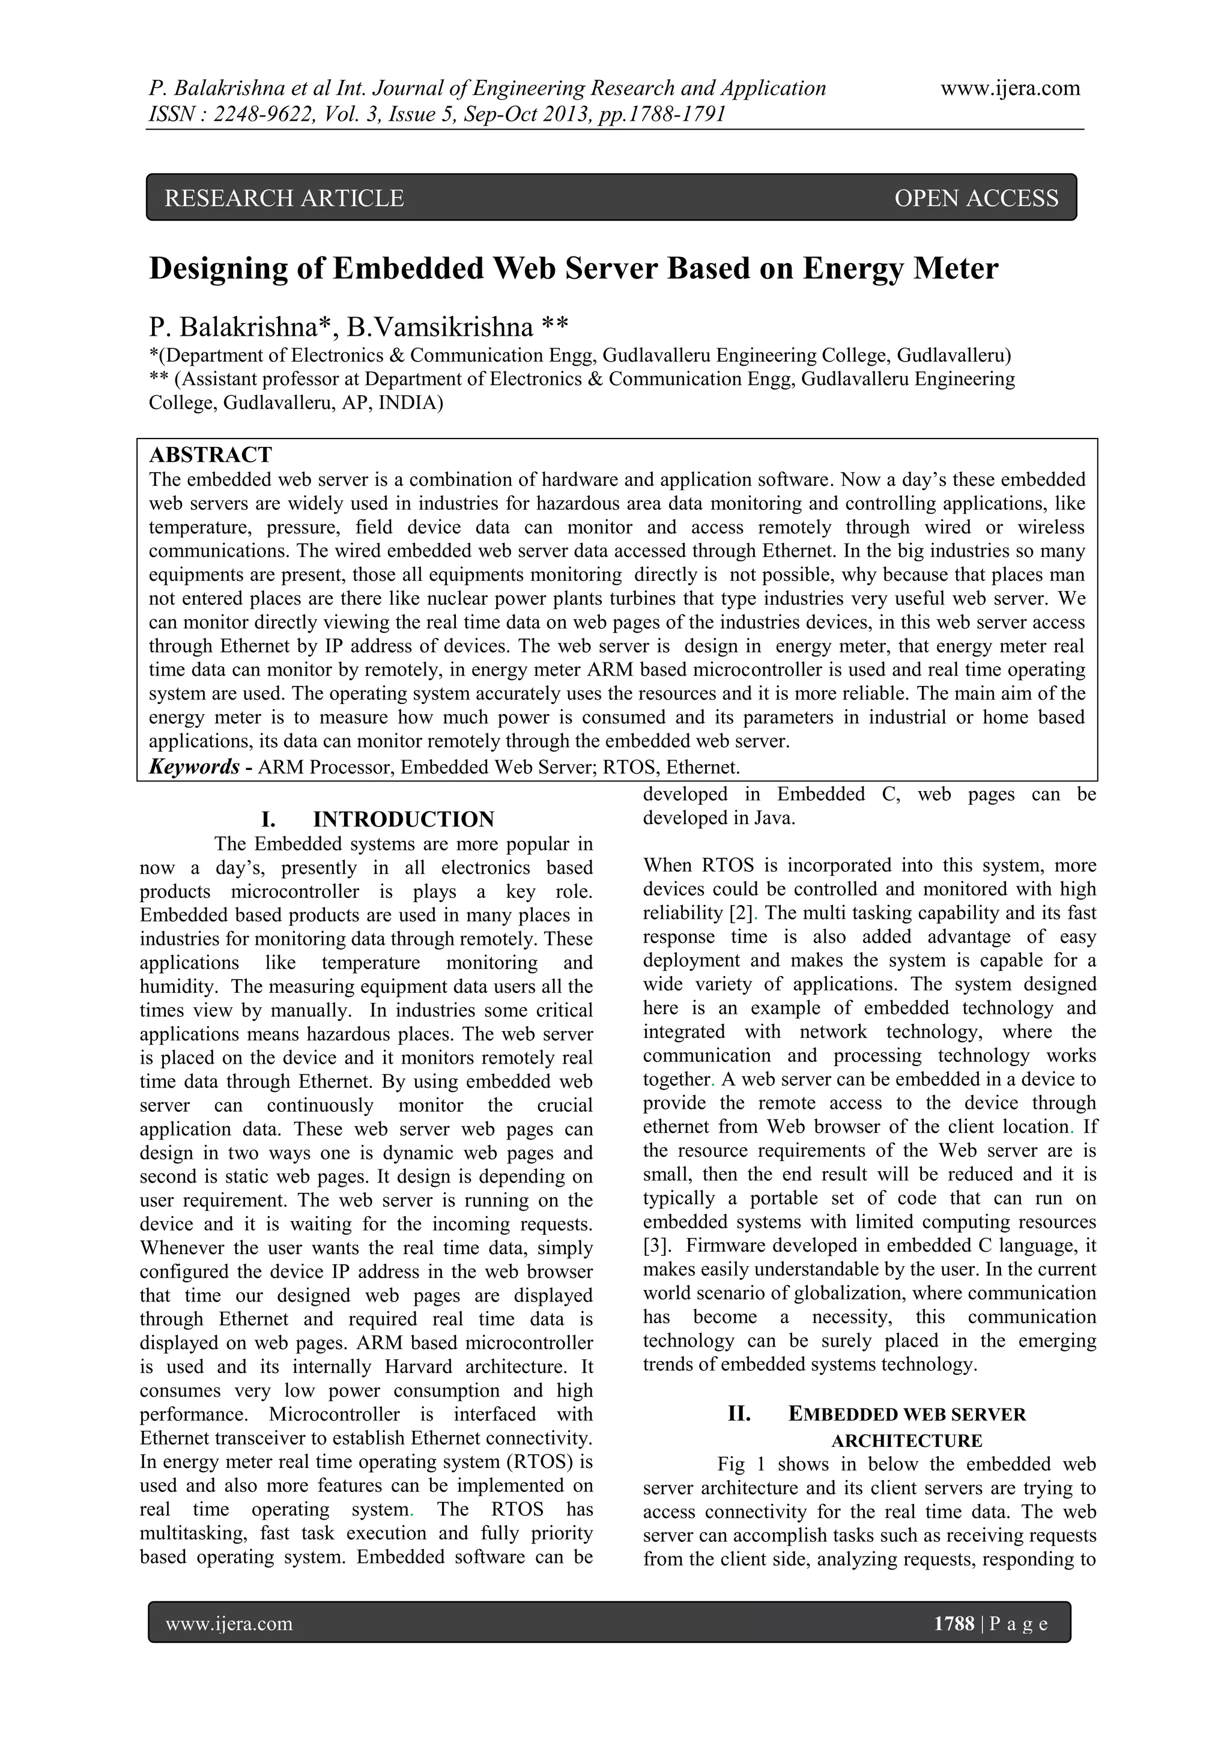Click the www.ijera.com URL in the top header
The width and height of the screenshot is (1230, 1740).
(x=1010, y=89)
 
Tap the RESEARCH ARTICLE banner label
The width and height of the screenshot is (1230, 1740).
(x=284, y=199)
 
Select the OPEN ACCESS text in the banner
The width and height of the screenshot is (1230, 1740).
(x=975, y=199)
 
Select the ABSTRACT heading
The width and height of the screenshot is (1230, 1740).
(x=210, y=455)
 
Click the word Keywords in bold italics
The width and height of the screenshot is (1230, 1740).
(x=195, y=767)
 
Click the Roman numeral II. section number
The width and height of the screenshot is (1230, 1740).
(x=739, y=1414)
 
